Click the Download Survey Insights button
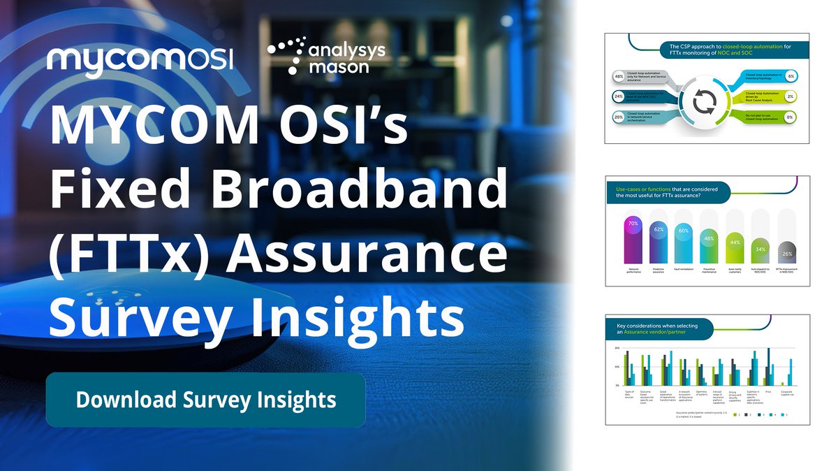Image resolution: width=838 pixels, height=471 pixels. click(x=205, y=400)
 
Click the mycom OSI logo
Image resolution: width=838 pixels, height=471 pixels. click(x=140, y=60)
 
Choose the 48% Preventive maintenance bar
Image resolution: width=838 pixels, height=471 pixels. click(x=709, y=246)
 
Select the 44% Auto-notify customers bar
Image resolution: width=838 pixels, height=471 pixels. click(x=734, y=248)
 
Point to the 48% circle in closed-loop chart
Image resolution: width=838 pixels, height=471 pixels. click(x=618, y=75)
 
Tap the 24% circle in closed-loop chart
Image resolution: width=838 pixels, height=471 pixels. click(x=618, y=96)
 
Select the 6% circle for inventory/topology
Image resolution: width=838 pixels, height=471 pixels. click(x=790, y=75)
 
